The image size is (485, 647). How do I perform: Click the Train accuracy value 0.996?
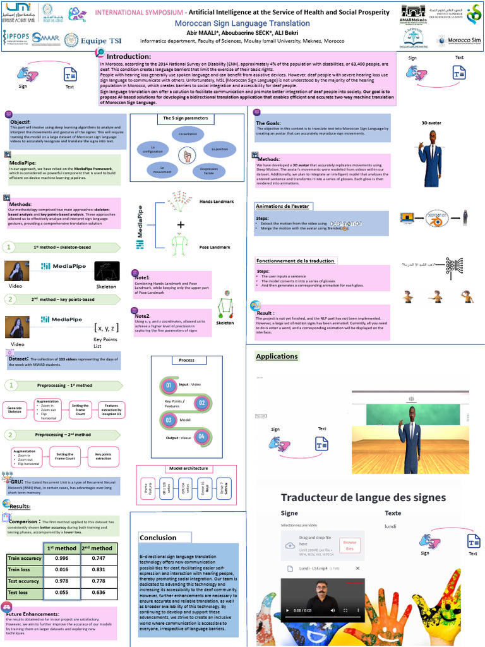click(62, 559)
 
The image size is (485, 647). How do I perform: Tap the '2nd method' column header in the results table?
click(98, 548)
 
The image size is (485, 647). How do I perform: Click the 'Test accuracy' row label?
click(23, 581)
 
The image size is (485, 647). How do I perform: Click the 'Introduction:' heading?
click(128, 56)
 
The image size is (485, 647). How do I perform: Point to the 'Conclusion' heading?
click(158, 538)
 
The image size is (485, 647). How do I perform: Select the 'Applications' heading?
click(277, 356)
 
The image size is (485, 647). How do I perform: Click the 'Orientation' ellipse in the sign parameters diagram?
click(188, 135)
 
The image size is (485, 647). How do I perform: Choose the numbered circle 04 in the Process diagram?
click(201, 436)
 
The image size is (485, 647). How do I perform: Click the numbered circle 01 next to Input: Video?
click(169, 385)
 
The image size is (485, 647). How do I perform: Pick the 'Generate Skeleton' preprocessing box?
click(15, 408)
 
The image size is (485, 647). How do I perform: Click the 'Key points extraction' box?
click(103, 455)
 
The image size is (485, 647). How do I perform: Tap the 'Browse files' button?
click(349, 545)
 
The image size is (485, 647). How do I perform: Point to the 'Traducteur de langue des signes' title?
click(363, 497)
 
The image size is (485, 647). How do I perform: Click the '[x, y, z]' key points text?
click(106, 327)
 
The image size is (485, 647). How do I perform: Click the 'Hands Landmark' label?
click(217, 202)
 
